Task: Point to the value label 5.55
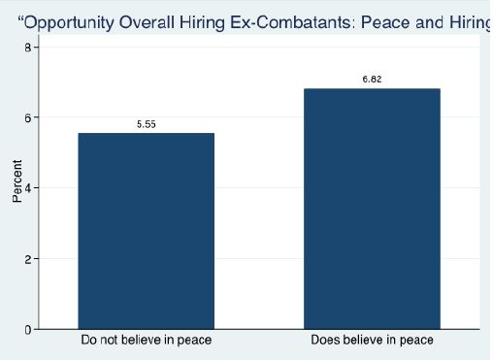point(146,124)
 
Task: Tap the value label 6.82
point(372,80)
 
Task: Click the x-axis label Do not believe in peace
point(146,341)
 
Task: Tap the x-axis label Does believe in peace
point(372,341)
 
